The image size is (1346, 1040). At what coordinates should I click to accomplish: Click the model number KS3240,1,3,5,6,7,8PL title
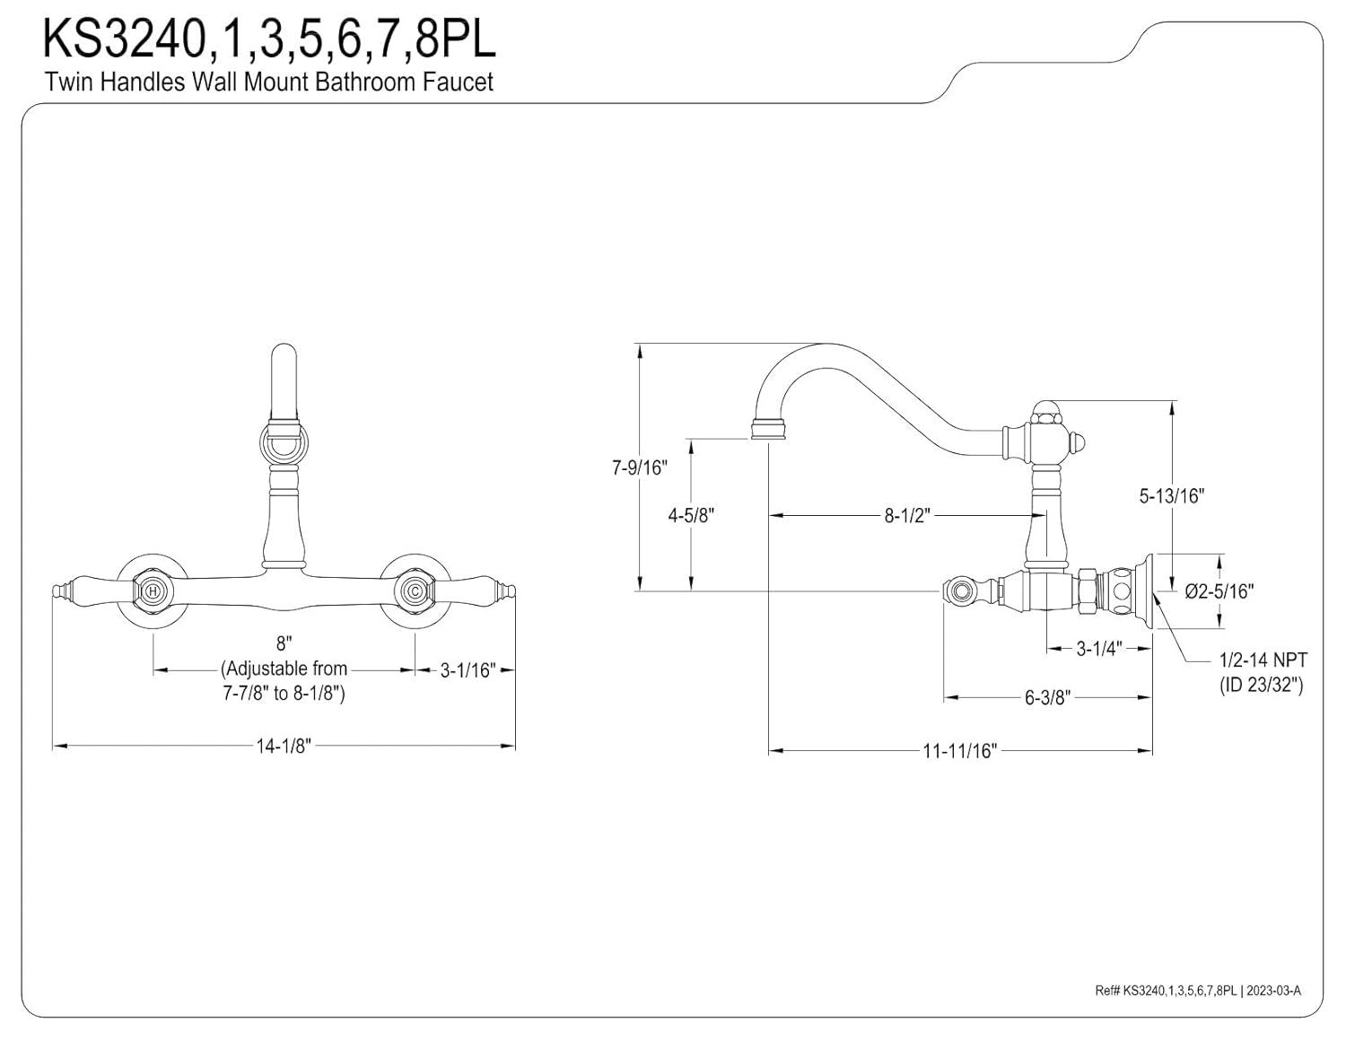click(x=269, y=40)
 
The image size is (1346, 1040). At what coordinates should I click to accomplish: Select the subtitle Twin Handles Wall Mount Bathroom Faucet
click(x=269, y=82)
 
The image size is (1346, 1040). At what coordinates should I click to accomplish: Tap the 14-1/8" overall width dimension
click(x=284, y=746)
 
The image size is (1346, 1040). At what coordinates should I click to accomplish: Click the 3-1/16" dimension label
click(x=468, y=670)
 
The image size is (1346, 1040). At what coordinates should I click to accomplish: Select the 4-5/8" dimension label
click(x=690, y=515)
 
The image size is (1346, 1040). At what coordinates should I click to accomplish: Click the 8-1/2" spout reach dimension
click(x=907, y=516)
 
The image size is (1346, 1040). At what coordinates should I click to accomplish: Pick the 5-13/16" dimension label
click(x=1171, y=495)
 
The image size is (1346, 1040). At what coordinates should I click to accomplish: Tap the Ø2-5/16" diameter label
click(x=1219, y=590)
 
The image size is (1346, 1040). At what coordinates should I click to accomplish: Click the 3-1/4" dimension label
click(x=1099, y=649)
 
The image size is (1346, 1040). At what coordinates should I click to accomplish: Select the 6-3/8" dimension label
click(x=1048, y=698)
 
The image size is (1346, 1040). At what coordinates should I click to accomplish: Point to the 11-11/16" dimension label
click(x=960, y=751)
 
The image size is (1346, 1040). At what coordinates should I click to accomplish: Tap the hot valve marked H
click(x=153, y=591)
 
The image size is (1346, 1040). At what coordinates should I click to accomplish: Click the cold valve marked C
click(x=415, y=591)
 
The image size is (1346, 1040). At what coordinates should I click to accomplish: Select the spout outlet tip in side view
click(x=768, y=432)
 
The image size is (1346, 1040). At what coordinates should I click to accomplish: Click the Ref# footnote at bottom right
click(x=1197, y=991)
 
